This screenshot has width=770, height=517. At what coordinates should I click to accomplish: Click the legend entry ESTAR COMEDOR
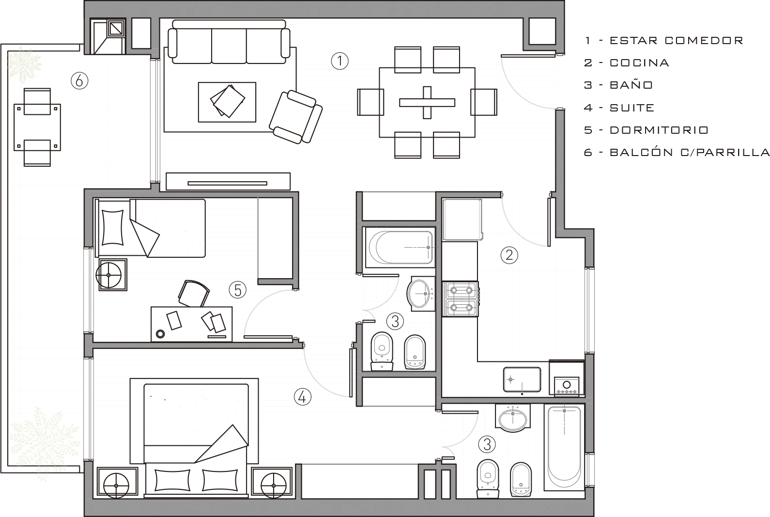click(x=677, y=41)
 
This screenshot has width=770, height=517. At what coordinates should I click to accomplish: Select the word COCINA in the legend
click(x=639, y=63)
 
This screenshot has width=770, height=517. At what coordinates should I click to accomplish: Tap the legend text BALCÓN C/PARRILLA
click(x=690, y=152)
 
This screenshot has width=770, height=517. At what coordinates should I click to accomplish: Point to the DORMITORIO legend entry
click(x=659, y=130)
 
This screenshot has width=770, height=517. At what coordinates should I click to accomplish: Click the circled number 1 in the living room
click(x=339, y=61)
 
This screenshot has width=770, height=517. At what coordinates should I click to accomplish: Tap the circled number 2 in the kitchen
click(x=509, y=255)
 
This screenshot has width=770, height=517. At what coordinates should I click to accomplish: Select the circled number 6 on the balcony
click(x=79, y=81)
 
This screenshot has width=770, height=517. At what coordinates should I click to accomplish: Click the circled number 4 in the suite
click(x=303, y=397)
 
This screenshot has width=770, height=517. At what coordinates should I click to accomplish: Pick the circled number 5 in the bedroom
click(x=237, y=290)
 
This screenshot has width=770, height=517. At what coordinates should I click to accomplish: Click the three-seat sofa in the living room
click(x=229, y=42)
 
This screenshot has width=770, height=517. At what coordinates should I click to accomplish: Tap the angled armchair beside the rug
click(x=295, y=117)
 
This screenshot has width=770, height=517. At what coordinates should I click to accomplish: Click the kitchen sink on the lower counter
click(x=522, y=380)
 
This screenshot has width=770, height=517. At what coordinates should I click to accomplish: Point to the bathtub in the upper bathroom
click(x=400, y=247)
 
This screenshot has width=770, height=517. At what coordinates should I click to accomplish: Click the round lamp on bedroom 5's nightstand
click(x=108, y=275)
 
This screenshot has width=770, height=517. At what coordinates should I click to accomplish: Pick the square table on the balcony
click(x=37, y=127)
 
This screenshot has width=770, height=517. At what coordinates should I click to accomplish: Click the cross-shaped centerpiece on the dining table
click(x=427, y=103)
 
